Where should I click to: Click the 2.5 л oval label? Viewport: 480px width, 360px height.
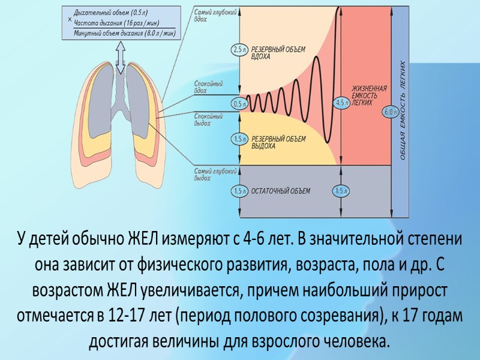[x=239, y=50]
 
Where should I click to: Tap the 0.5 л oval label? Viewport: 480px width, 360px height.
[x=239, y=104]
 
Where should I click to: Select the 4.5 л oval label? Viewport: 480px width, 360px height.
[x=342, y=102]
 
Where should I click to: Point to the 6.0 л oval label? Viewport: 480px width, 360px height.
[x=391, y=112]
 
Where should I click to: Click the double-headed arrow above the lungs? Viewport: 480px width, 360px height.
[x=120, y=59]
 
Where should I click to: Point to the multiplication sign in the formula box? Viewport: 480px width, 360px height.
[x=70, y=20]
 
